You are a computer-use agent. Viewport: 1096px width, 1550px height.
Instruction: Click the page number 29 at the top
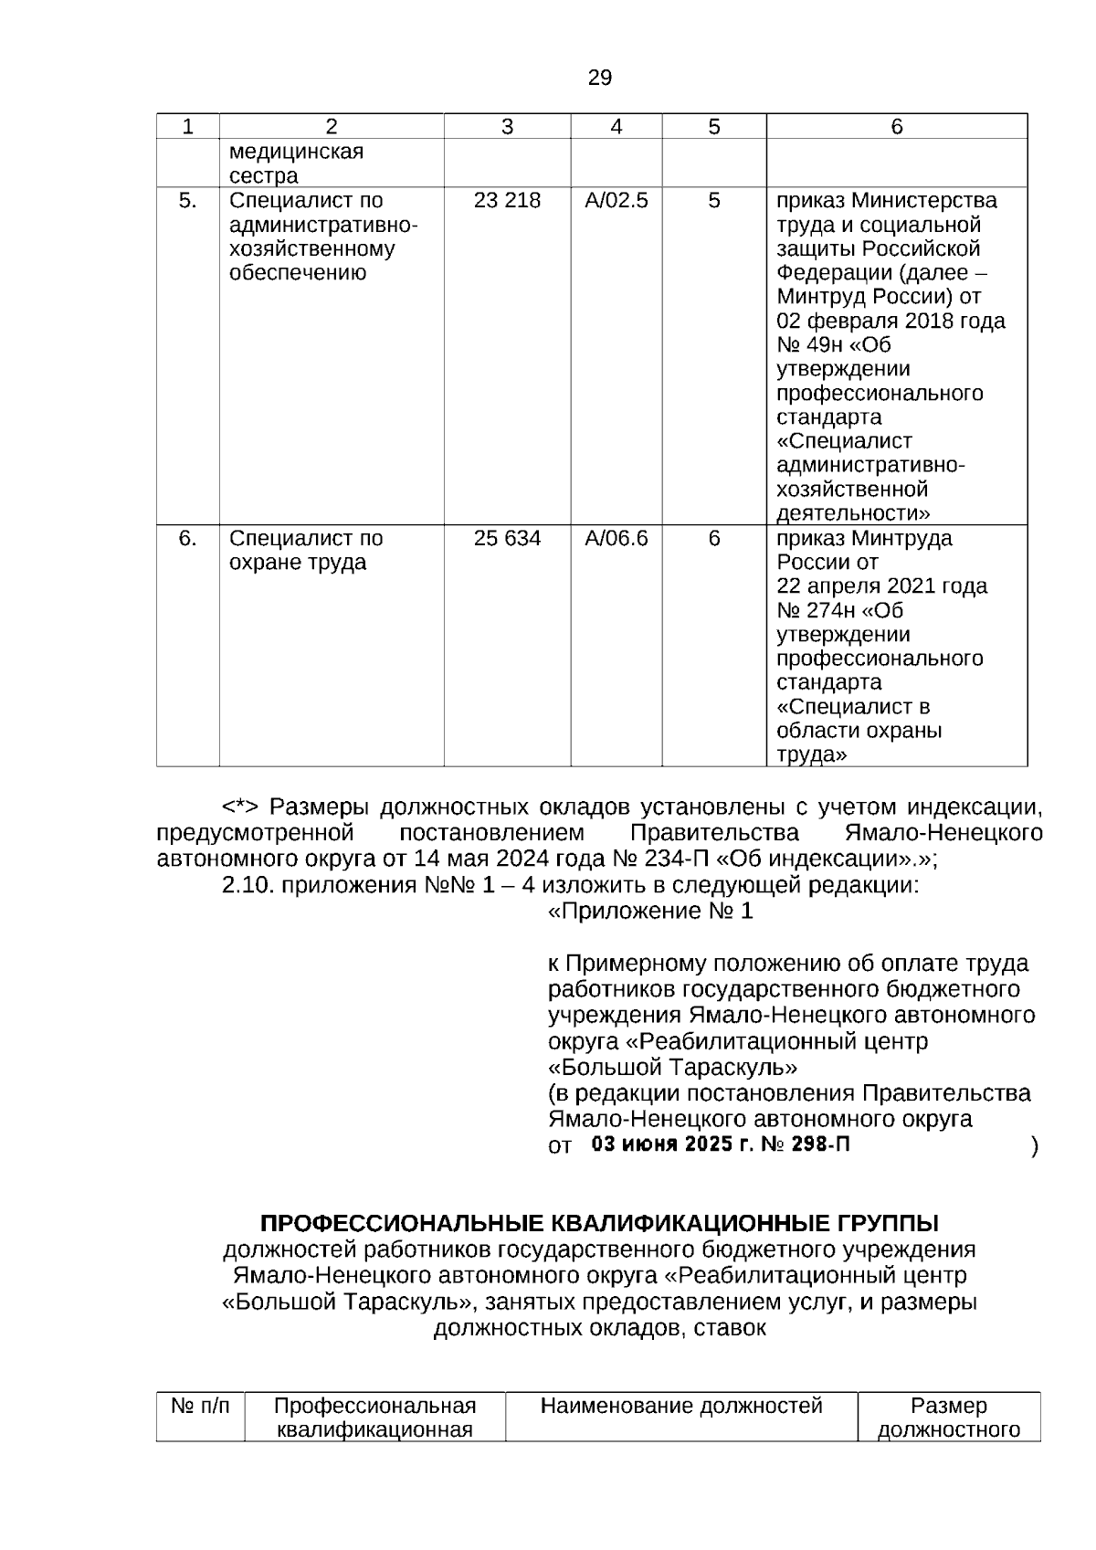[x=599, y=79]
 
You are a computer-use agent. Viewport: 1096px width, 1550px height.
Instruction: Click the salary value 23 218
[x=507, y=201]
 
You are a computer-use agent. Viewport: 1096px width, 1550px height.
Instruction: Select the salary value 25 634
[x=507, y=539]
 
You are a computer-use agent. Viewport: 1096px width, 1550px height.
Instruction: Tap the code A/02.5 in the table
[x=616, y=201]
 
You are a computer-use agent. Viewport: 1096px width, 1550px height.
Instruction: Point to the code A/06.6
[x=616, y=539]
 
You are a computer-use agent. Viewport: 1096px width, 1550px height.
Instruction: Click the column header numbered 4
[x=616, y=127]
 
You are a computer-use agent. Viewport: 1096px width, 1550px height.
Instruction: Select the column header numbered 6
[x=896, y=127]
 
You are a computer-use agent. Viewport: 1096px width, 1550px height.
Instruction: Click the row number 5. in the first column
[x=187, y=201]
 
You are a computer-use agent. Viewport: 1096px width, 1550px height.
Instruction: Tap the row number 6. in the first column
[x=187, y=539]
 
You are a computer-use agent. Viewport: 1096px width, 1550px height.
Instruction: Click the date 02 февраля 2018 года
[x=890, y=322]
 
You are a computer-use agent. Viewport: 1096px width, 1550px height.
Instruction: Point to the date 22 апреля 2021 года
[x=881, y=586]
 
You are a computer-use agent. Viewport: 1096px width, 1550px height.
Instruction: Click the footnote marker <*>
[x=240, y=807]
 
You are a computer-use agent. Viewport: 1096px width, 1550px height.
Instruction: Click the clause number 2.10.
[x=249, y=885]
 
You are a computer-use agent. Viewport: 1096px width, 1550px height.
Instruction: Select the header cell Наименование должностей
[x=681, y=1406]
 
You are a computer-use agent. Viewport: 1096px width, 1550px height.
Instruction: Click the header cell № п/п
[x=200, y=1406]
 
